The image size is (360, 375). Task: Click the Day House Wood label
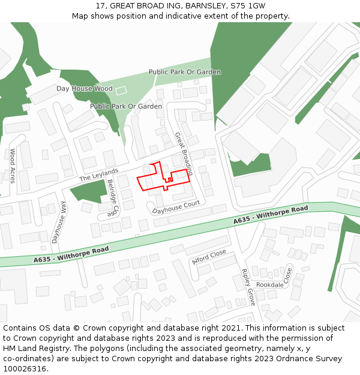click(x=84, y=89)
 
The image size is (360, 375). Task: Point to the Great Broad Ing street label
click(x=183, y=154)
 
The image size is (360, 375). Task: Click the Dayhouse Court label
click(x=176, y=208)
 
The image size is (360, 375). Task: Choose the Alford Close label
click(x=209, y=257)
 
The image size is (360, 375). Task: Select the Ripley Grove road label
click(x=248, y=287)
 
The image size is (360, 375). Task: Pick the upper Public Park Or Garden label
click(x=185, y=72)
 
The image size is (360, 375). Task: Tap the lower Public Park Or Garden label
click(x=126, y=106)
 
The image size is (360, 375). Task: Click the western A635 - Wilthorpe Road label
click(x=71, y=254)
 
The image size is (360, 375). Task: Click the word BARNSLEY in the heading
click(x=206, y=6)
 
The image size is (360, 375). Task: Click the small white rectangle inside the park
click(x=121, y=91)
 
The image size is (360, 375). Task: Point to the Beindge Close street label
click(x=113, y=198)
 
